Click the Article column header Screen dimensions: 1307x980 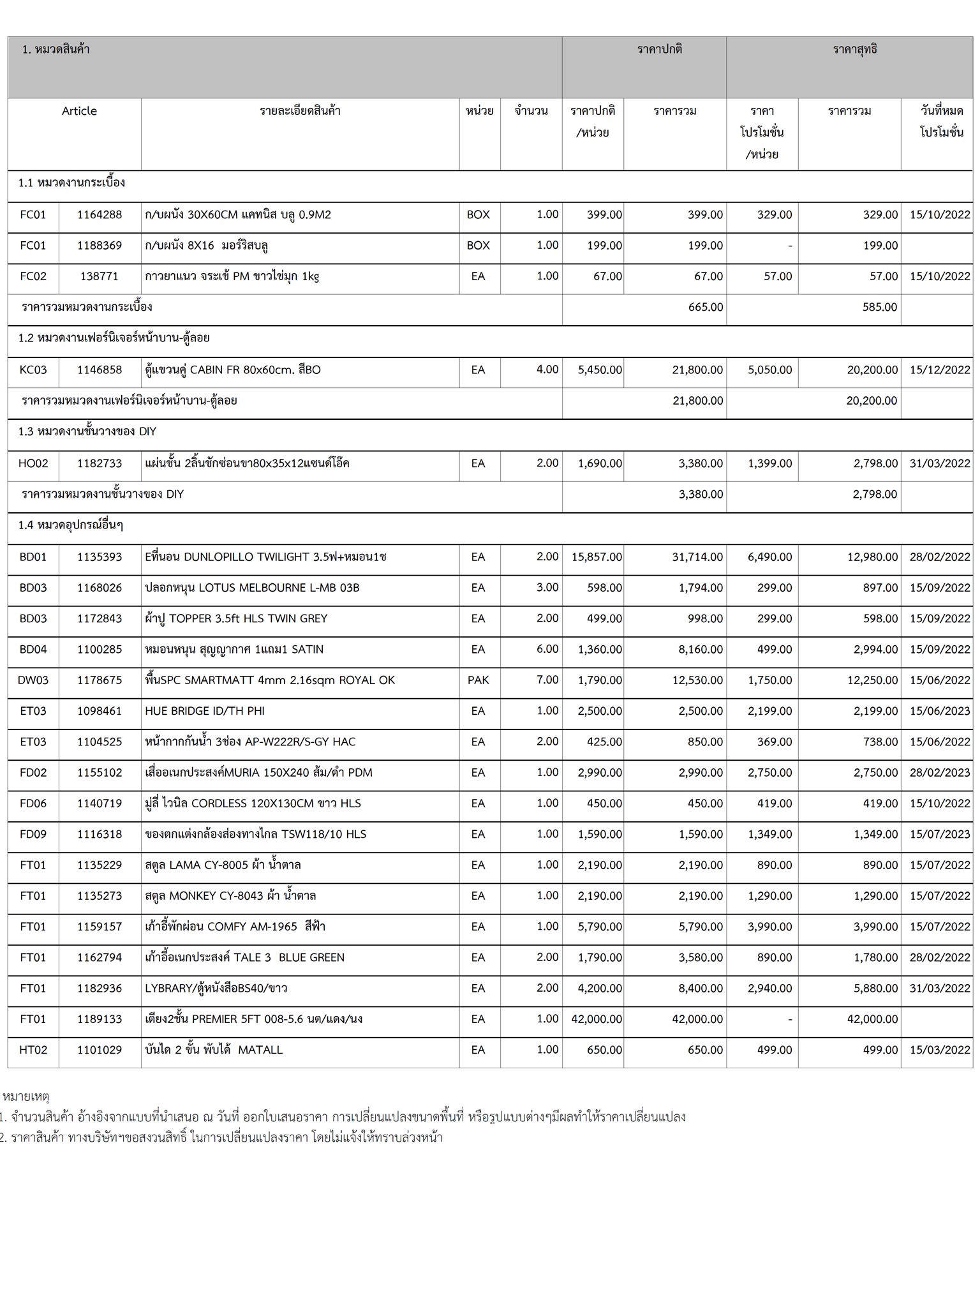[x=79, y=111]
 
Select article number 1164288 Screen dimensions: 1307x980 [x=100, y=215]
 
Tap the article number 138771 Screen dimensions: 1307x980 [x=100, y=276]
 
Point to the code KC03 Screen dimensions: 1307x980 [x=33, y=370]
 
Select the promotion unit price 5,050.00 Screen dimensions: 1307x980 [x=769, y=370]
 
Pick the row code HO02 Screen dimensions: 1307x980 [x=33, y=463]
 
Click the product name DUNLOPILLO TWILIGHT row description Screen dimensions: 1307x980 [x=265, y=557]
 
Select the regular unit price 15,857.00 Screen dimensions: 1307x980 [x=597, y=557]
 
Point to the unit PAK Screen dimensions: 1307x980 [x=478, y=680]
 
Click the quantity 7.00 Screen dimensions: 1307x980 [x=547, y=680]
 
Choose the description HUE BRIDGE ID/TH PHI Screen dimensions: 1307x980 [x=205, y=711]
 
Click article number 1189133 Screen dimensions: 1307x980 [x=100, y=1019]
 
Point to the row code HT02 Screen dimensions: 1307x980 [x=33, y=1050]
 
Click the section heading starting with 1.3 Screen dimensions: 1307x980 [x=87, y=432]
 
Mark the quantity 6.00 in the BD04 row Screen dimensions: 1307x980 [x=547, y=650]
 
